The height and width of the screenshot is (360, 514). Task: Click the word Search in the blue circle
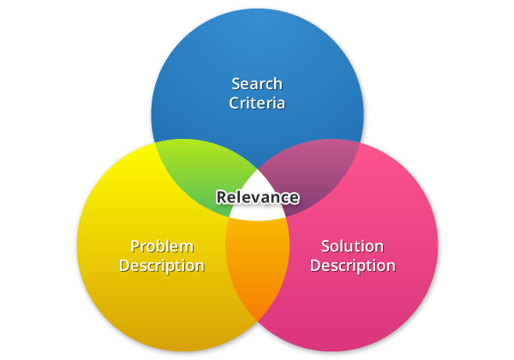(257, 84)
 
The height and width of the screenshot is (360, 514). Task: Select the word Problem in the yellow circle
(161, 247)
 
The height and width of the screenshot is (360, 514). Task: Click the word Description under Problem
(162, 266)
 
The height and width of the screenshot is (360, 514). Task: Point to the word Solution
(352, 247)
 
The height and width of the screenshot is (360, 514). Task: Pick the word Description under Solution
(352, 266)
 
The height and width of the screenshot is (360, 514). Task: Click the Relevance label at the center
(257, 198)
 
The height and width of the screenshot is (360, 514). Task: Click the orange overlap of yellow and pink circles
(256, 266)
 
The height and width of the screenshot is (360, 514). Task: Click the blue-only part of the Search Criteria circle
(257, 51)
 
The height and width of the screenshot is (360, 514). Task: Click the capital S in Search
(236, 84)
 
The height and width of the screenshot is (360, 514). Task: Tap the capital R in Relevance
(221, 198)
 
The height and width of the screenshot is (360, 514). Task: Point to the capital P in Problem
(134, 246)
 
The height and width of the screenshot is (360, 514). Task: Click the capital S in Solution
(326, 247)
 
